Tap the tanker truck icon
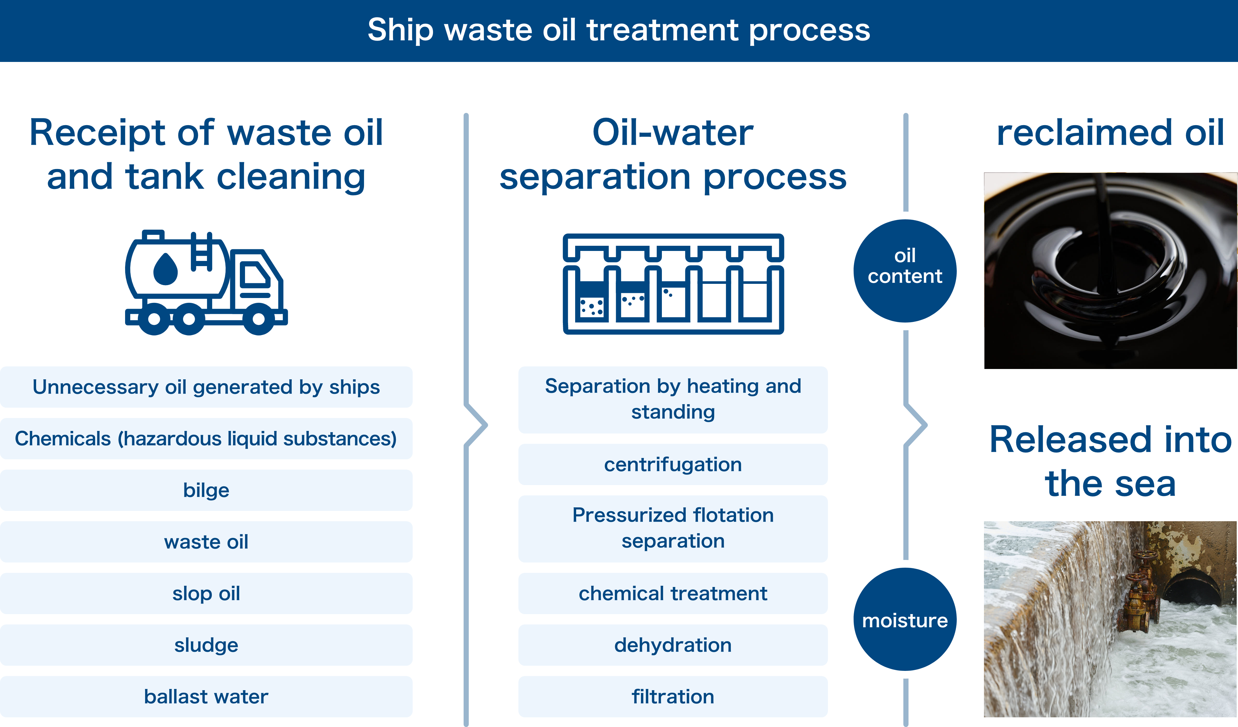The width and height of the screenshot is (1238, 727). [x=206, y=283]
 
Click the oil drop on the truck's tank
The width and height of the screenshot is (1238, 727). [x=166, y=269]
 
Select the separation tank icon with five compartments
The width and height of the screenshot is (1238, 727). [x=673, y=284]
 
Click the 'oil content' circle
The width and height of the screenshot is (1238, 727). [x=905, y=271]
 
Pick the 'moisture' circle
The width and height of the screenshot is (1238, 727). [x=905, y=619]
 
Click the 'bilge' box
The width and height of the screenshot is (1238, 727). [x=206, y=490]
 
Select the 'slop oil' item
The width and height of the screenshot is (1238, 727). [x=206, y=593]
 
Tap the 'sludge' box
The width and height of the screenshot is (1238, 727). [x=206, y=645]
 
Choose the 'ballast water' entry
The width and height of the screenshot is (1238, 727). [x=206, y=697]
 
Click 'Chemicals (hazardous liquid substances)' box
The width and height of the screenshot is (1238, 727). [x=206, y=438]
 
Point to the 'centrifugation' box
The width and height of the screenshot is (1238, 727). [x=673, y=464]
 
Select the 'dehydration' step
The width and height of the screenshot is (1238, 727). [x=673, y=645]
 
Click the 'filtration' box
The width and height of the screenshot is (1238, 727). [x=673, y=697]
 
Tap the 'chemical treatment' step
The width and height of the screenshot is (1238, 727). [x=673, y=593]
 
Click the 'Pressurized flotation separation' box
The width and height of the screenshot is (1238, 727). [x=673, y=528]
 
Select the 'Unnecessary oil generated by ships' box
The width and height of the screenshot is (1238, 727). [x=206, y=387]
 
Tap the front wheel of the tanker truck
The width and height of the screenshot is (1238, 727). [x=259, y=319]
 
